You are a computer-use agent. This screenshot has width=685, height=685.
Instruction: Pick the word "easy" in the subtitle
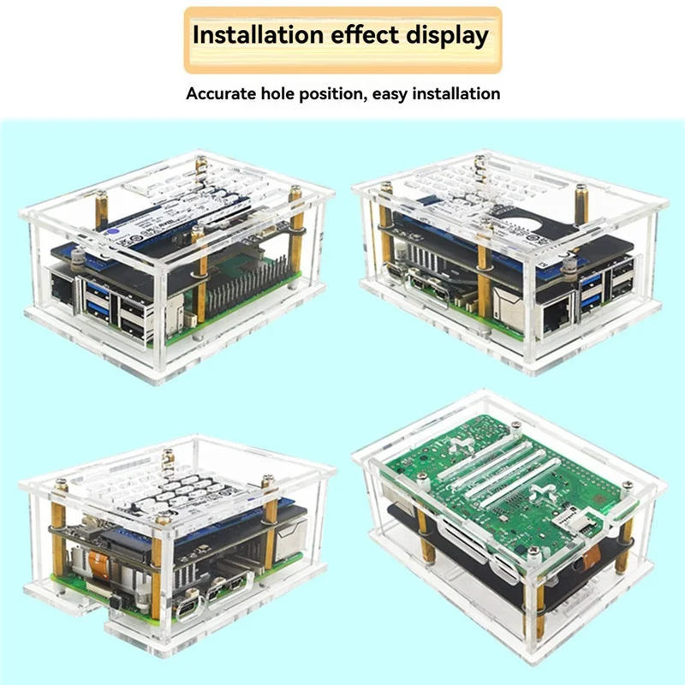[393, 93]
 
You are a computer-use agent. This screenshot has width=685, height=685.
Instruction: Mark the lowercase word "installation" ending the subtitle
[457, 93]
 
